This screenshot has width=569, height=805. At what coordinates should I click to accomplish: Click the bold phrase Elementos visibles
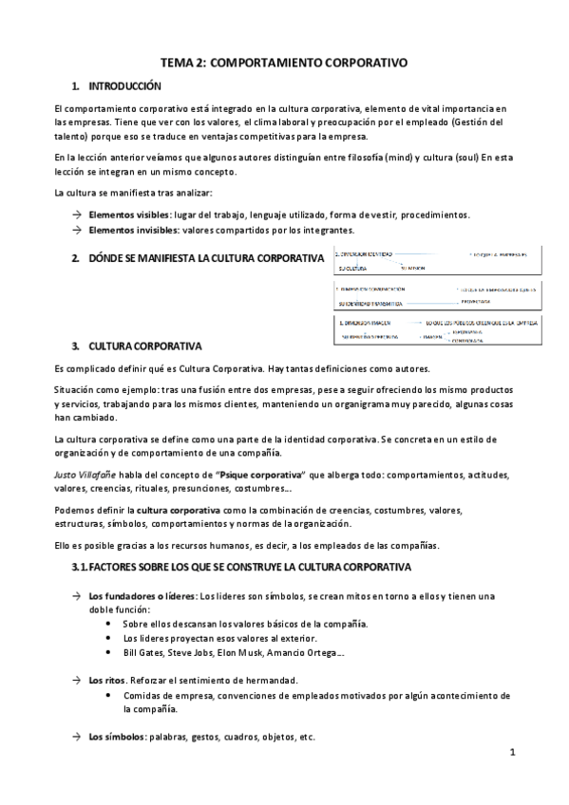tap(123, 215)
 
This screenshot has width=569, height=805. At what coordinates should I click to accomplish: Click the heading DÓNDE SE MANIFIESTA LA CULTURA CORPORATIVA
tap(206, 258)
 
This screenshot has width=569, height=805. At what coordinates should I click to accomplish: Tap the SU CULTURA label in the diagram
tap(352, 268)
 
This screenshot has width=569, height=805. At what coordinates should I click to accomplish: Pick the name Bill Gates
tap(142, 653)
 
